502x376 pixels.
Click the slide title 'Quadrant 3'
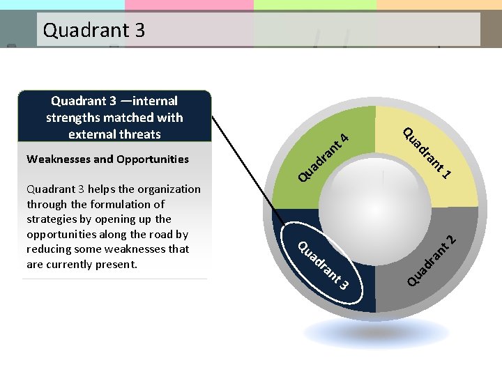click(93, 30)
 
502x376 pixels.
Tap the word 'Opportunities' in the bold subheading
click(151, 159)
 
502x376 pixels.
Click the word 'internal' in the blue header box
click(153, 101)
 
